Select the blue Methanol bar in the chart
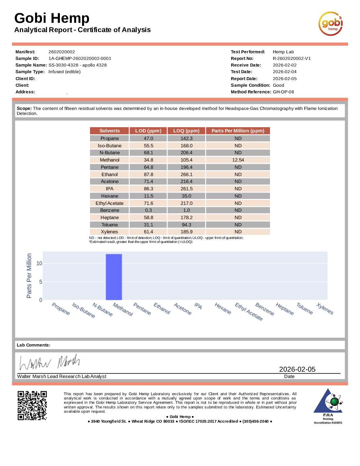[114, 277]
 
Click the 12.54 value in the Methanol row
[238, 160]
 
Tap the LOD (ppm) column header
[148, 131]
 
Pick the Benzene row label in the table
[110, 210]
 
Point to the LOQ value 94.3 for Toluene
[186, 225]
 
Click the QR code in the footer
[32, 405]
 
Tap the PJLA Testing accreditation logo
[328, 406]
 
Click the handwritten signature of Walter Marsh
[50, 362]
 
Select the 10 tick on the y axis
[39, 263]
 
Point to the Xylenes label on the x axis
[325, 309]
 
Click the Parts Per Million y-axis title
[29, 276]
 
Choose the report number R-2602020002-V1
[292, 59]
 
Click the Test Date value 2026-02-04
[285, 72]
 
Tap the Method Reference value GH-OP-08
[283, 92]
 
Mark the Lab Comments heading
[33, 345]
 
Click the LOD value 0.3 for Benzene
[148, 210]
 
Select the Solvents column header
[110, 131]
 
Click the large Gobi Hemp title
[52, 18]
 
